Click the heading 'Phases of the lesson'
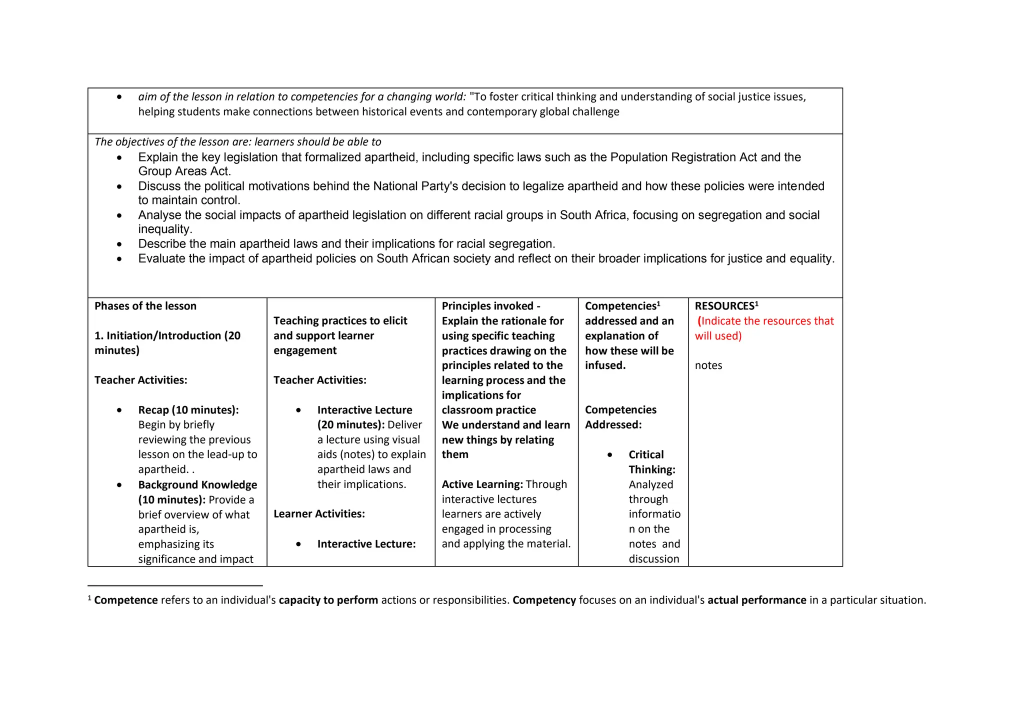tap(145, 306)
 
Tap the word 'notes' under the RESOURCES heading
tap(708, 365)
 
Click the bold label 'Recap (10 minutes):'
tap(188, 410)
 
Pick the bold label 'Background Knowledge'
tap(197, 485)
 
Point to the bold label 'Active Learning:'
tap(482, 484)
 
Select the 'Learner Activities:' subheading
tap(319, 514)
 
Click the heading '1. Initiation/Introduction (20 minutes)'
tap(167, 342)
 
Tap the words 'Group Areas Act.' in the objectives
tap(184, 171)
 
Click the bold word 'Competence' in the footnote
tap(125, 600)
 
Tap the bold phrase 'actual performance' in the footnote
tap(756, 600)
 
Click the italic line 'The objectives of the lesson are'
tap(237, 142)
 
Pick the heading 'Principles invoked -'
tap(490, 306)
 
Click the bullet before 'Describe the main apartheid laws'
tap(119, 244)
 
